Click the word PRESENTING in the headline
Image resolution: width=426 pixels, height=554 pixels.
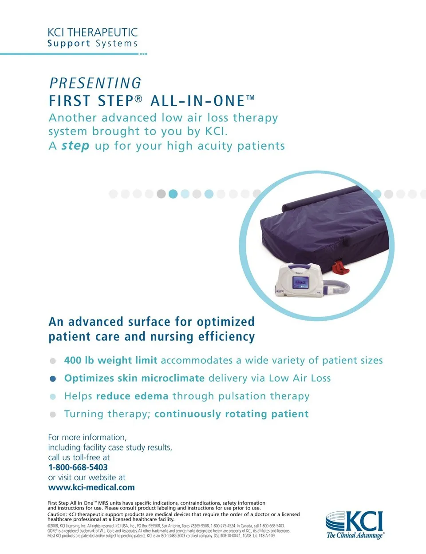(x=95, y=83)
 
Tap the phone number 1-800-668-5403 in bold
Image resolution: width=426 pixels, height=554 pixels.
(x=78, y=467)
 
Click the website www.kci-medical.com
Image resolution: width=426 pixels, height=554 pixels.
(x=91, y=487)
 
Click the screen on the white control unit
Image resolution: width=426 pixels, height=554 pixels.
(x=301, y=283)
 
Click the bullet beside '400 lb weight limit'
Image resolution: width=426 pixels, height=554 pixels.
(x=53, y=361)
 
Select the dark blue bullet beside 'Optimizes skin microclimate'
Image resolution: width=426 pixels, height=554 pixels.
(x=53, y=379)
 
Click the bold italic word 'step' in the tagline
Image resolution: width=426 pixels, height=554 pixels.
(x=75, y=146)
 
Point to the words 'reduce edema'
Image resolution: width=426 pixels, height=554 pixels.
(x=132, y=396)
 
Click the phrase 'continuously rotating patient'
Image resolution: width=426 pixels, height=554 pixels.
(x=232, y=414)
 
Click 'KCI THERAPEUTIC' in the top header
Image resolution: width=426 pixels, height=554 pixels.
(x=93, y=32)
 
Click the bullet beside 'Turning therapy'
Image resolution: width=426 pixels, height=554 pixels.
(x=53, y=415)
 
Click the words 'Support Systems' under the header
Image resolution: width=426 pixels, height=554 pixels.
(x=92, y=44)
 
